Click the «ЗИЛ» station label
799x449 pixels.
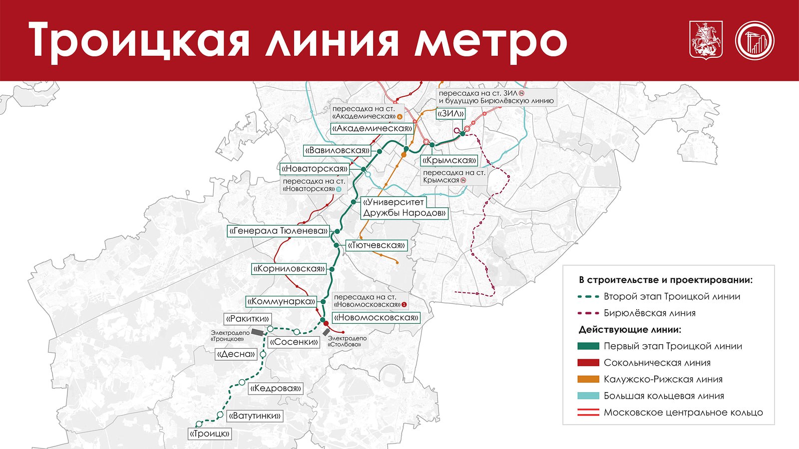point(450,114)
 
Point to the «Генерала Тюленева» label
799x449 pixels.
point(278,231)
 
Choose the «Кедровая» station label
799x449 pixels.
point(276,388)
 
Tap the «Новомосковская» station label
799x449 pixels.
point(376,317)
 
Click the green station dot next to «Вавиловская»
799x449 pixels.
point(379,151)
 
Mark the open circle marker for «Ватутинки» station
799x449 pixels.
point(220,415)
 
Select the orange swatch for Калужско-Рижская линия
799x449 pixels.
point(588,379)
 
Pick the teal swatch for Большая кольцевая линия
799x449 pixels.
point(588,396)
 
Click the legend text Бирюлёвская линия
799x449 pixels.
point(649,313)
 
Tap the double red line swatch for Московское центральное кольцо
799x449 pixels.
point(588,413)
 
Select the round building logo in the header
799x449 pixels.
point(754,40)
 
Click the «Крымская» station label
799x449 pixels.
point(449,161)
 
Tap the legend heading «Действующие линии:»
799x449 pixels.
point(630,330)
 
